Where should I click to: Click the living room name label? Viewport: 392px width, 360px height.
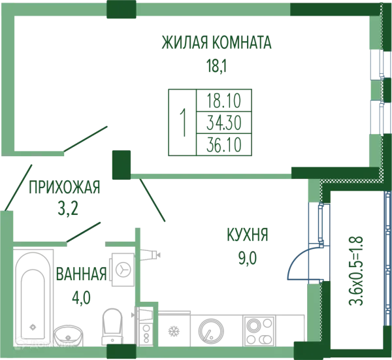pos(214,44)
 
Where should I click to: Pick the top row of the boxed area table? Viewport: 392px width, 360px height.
pos(226,100)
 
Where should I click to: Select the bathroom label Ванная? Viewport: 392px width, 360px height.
pos(80,274)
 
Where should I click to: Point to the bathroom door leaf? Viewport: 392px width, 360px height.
pos(83,231)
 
